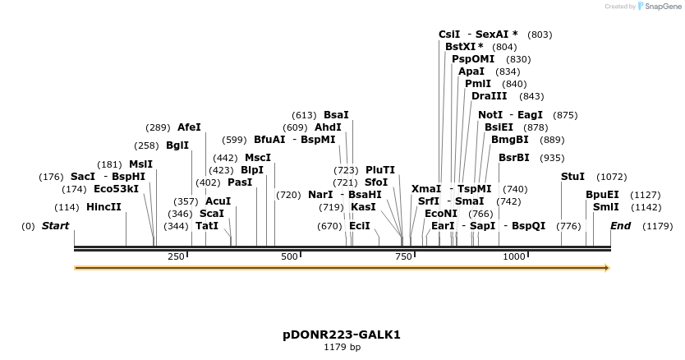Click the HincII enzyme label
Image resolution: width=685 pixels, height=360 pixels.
(x=103, y=207)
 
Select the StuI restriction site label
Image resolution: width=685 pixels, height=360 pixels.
(x=572, y=177)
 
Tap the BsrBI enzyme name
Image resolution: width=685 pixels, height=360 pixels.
(x=513, y=158)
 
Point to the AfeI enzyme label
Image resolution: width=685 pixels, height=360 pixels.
(x=189, y=127)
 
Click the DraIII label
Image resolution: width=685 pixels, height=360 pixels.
(x=490, y=96)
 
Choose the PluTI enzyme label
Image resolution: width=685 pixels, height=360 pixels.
(x=380, y=169)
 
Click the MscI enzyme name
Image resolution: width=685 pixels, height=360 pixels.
(x=258, y=158)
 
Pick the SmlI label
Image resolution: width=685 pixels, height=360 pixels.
(x=606, y=207)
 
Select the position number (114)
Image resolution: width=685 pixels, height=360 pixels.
(x=68, y=207)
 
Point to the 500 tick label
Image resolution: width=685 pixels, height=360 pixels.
(x=289, y=257)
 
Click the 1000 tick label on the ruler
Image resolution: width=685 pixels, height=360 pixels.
(x=514, y=257)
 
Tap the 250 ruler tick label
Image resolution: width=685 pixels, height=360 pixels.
(x=176, y=257)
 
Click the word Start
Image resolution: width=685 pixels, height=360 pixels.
(x=55, y=225)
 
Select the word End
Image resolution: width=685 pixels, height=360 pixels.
(x=621, y=225)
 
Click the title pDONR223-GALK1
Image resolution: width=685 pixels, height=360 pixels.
(x=342, y=335)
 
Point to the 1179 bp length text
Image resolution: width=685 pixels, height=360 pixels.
(x=342, y=348)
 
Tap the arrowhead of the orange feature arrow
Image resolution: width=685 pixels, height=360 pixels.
(x=608, y=268)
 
